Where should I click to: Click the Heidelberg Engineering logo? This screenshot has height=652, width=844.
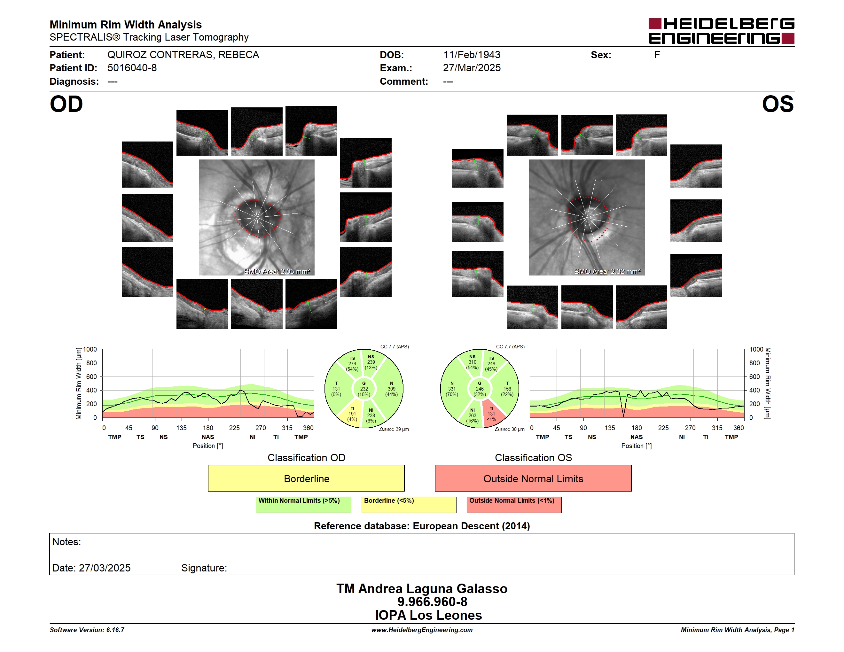721,31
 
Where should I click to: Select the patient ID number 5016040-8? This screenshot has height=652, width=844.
132,68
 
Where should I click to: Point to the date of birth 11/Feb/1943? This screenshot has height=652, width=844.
472,55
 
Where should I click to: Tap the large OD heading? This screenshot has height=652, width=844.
66,104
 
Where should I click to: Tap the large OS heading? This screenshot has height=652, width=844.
778,104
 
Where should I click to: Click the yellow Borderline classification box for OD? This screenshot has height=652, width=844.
306,478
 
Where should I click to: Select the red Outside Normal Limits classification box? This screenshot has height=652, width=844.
533,478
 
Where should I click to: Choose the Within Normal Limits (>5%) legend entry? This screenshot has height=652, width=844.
303,504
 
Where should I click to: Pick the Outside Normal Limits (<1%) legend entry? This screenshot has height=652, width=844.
514,504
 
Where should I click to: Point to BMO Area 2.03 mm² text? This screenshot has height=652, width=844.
277,272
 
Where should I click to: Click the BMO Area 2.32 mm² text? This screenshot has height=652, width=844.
607,272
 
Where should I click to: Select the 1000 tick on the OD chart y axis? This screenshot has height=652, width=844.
90,349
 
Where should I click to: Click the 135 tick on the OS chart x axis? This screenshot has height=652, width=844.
609,428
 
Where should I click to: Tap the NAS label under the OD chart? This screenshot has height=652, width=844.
208,437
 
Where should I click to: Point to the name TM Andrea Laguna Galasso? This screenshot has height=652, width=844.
422,588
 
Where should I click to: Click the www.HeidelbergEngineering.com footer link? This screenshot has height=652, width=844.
422,630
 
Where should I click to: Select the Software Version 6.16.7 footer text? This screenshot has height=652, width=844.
87,630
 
